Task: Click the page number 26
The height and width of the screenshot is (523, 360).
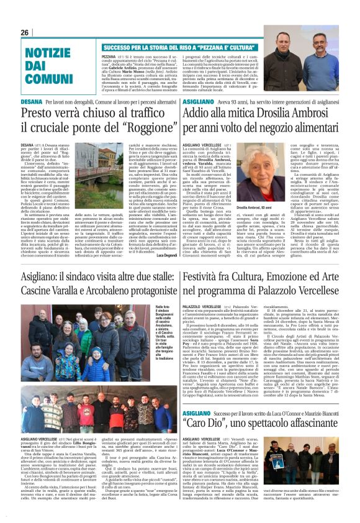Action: pyautogui.click(x=24, y=32)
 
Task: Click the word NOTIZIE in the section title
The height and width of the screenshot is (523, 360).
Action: pyautogui.click(x=45, y=52)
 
